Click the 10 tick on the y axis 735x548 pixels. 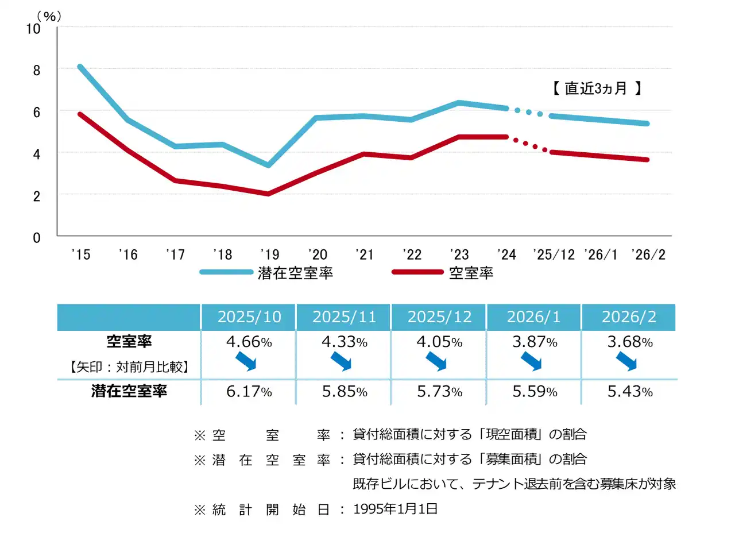[33, 29]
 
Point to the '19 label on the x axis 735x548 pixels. [270, 254]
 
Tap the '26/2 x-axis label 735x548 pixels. [648, 254]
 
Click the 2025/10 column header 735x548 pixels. [249, 317]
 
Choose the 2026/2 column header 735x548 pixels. [629, 317]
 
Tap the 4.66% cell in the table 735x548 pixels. [249, 342]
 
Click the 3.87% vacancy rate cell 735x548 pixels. [535, 342]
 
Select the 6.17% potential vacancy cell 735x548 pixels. [249, 392]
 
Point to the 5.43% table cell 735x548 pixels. [630, 392]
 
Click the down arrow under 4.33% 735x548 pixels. [341, 362]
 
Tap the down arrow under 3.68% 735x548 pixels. [626, 362]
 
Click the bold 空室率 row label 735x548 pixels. [129, 341]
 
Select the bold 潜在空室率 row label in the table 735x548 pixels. [129, 391]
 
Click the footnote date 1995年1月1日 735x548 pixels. [395, 509]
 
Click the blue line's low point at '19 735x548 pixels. [268, 165]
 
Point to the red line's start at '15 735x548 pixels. [80, 114]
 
